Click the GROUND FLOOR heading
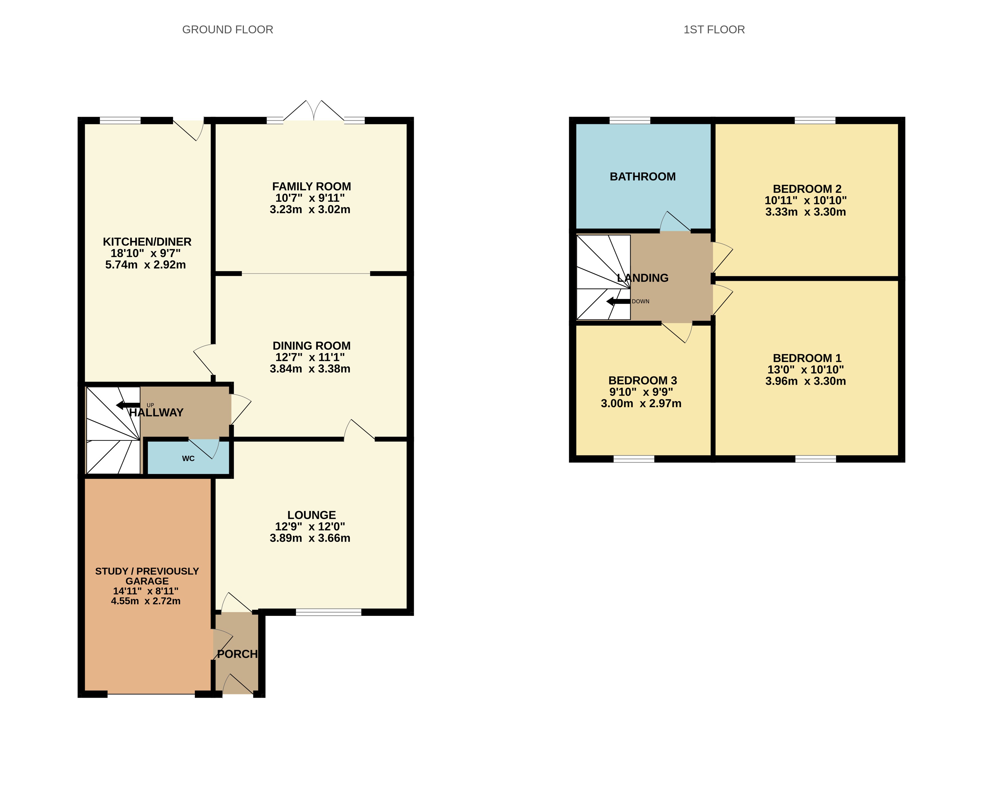(x=228, y=30)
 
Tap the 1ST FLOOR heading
(x=714, y=30)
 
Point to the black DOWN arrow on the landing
(x=618, y=301)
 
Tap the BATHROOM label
(x=642, y=177)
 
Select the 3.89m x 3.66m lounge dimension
(x=310, y=538)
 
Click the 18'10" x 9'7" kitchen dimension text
(x=145, y=253)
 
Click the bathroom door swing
(x=674, y=222)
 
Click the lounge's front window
(x=328, y=612)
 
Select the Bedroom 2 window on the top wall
(x=815, y=120)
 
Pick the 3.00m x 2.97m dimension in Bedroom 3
(x=641, y=403)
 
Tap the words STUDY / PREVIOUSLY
(x=147, y=571)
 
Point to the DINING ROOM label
(x=311, y=345)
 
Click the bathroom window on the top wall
(x=630, y=120)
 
